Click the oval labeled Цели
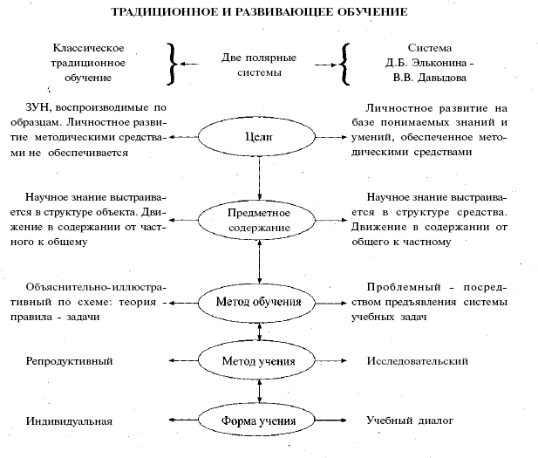coord(260,137)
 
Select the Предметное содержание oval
coord(260,219)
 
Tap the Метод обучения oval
coord(260,303)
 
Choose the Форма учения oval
coord(260,421)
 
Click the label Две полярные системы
coord(259,65)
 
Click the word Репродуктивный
coord(70,360)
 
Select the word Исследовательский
coord(419,360)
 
